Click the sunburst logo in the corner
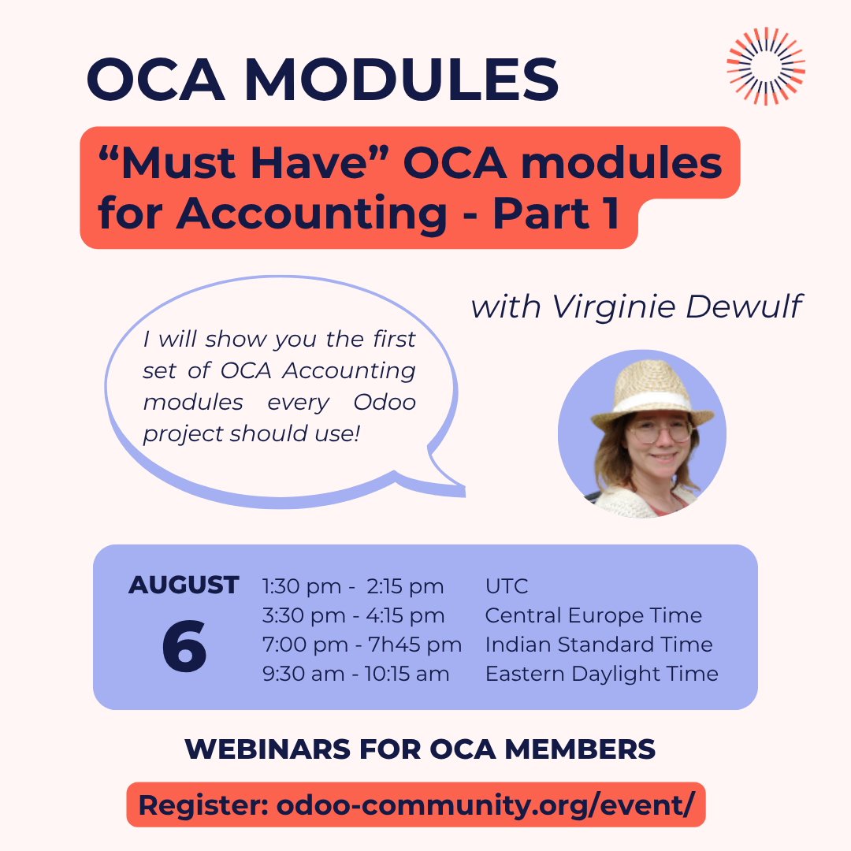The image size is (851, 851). pyautogui.click(x=766, y=65)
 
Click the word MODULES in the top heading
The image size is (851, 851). pyautogui.click(x=402, y=80)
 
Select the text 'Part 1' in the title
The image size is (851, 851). pyautogui.click(x=556, y=213)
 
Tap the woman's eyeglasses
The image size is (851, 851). pyautogui.click(x=659, y=432)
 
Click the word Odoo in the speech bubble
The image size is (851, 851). pyautogui.click(x=385, y=402)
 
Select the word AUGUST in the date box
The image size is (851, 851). pyautogui.click(x=184, y=585)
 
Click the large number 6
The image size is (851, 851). pyautogui.click(x=184, y=646)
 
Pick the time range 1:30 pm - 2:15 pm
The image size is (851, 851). pyautogui.click(x=353, y=586)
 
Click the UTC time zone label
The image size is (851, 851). pyautogui.click(x=507, y=586)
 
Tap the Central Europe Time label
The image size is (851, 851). pyautogui.click(x=593, y=615)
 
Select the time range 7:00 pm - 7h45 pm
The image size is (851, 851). pyautogui.click(x=362, y=645)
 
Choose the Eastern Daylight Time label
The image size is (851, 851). pyautogui.click(x=601, y=674)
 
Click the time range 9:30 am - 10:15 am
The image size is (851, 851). pyautogui.click(x=355, y=674)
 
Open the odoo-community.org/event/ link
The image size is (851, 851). pyautogui.click(x=485, y=805)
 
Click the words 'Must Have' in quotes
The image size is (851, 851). pyautogui.click(x=243, y=163)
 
